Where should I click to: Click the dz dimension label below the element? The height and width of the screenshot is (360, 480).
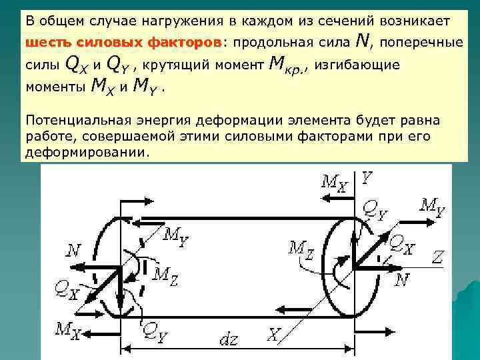tap(229, 339)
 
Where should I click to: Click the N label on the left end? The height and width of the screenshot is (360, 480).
tap(75, 251)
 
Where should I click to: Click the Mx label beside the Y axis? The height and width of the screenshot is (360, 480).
tap(333, 181)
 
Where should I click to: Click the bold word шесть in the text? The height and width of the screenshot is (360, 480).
tap(45, 43)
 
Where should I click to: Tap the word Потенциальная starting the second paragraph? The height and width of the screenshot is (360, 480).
tap(66, 120)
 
